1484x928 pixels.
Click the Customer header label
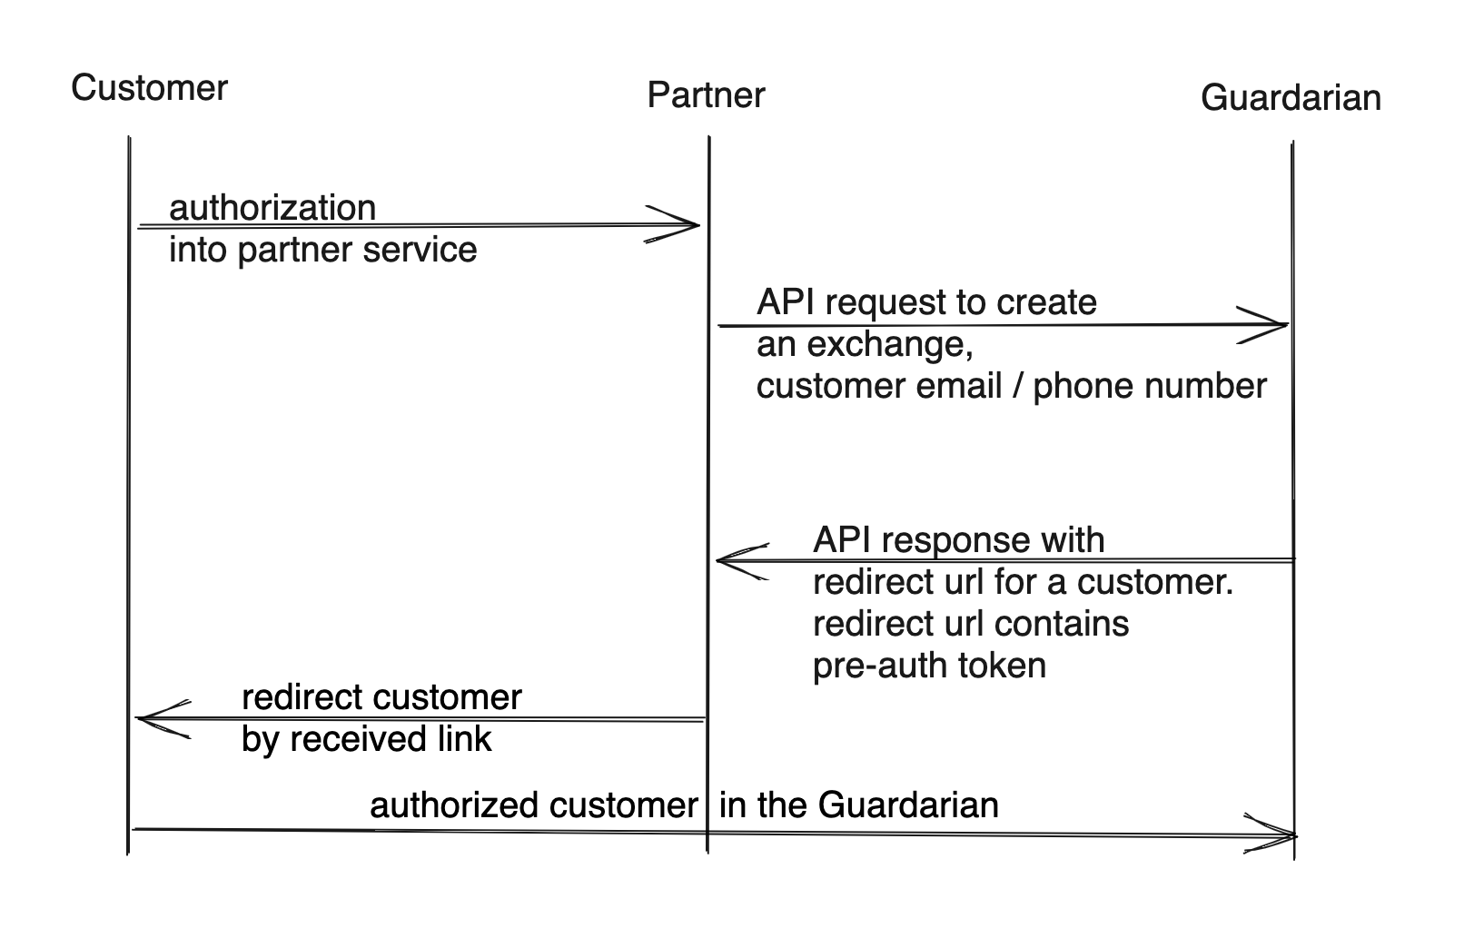pyautogui.click(x=149, y=88)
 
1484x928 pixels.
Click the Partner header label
pyautogui.click(x=706, y=94)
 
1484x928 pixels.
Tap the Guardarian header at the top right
pyautogui.click(x=1290, y=97)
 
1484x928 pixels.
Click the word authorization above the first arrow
pyautogui.click(x=272, y=208)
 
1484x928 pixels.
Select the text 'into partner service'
pyautogui.click(x=322, y=250)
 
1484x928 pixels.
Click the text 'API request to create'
pyautogui.click(x=926, y=302)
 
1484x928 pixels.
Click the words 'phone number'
pyautogui.click(x=1150, y=386)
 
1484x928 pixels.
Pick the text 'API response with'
pyautogui.click(x=958, y=540)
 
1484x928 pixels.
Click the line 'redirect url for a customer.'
pyautogui.click(x=1023, y=582)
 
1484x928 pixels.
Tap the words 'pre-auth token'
pyautogui.click(x=929, y=666)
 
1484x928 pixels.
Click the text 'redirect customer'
pyautogui.click(x=381, y=697)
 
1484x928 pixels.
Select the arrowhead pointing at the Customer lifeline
pyautogui.click(x=154, y=719)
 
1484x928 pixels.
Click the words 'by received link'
pyautogui.click(x=366, y=739)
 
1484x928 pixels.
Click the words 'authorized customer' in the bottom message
pyautogui.click(x=533, y=805)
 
